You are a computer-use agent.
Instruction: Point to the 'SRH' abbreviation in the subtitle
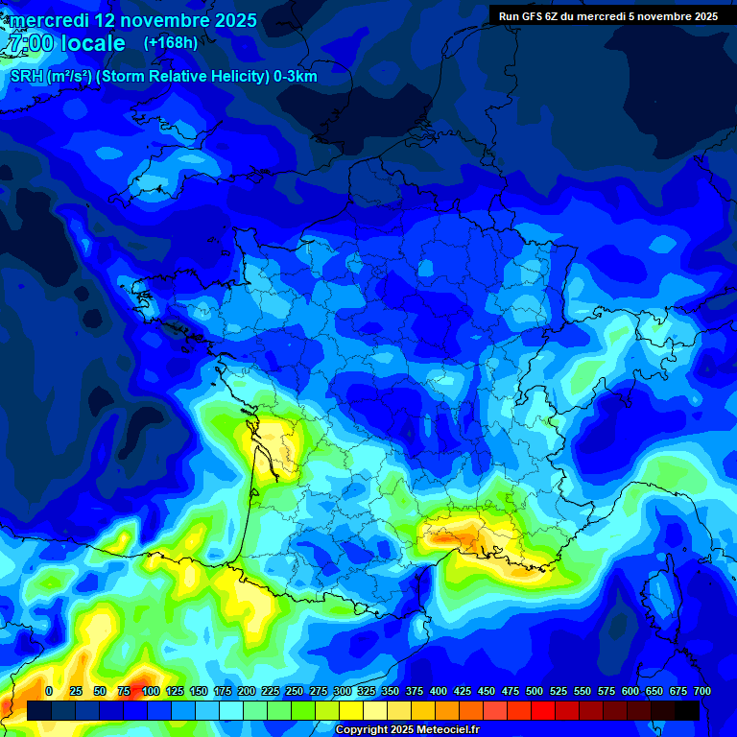pos(26,77)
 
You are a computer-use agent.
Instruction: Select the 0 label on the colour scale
pos(49,691)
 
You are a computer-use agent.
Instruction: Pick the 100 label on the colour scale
pos(150,691)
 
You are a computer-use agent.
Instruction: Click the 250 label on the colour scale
pos(294,691)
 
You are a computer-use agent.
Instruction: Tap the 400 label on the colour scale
pos(438,691)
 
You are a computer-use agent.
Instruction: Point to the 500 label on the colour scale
pos(534,691)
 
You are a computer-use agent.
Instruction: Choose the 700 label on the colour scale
pos(701,691)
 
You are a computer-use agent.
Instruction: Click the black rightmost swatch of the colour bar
pos(686,710)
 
